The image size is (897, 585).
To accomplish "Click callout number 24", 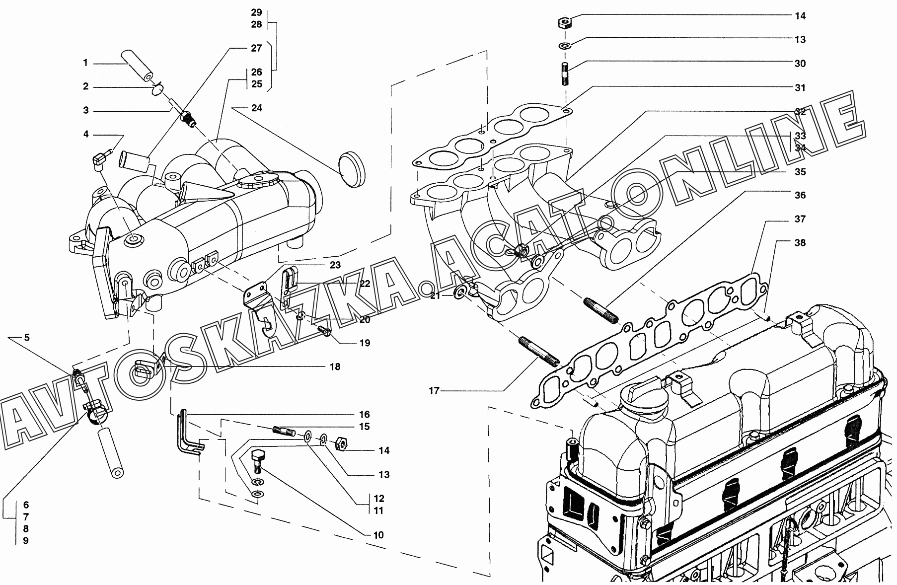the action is coord(257,108).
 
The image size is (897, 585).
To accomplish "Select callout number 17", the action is coord(434,391).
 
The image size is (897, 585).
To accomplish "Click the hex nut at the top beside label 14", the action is coord(564,22).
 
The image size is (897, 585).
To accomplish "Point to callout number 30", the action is coord(800,64).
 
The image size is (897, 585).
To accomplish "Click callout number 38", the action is coord(800,243).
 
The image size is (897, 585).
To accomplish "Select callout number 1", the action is coord(85,63).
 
